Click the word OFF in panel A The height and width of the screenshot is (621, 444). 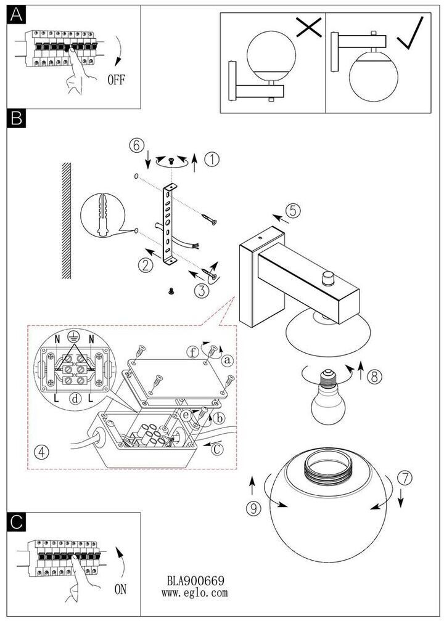[116, 79]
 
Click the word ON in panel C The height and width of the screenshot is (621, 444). [120, 589]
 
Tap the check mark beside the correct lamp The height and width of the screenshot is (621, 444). [410, 33]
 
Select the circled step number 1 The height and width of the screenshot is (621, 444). [212, 159]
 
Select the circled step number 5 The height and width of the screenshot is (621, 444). [293, 210]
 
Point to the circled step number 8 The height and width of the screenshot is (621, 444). [375, 376]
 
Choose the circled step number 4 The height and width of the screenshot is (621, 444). [42, 451]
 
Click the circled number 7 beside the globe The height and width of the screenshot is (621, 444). [405, 479]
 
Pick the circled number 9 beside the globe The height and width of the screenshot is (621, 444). [253, 508]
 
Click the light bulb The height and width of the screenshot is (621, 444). [327, 397]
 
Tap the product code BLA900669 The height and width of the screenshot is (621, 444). [195, 580]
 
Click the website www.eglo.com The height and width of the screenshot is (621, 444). [195, 593]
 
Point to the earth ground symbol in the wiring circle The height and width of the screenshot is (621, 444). [72, 336]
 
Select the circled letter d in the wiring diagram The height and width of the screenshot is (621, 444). [75, 397]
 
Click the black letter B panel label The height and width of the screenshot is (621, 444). [16, 118]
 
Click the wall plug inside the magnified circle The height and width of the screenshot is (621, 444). [102, 215]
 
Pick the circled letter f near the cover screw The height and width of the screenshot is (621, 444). [193, 351]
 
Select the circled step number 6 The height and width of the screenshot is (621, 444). [136, 145]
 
